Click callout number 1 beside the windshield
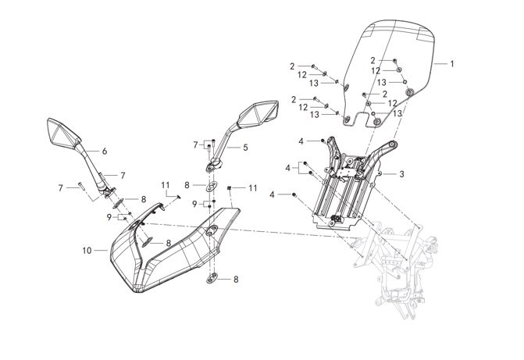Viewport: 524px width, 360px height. click(x=451, y=63)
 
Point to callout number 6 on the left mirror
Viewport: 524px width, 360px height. click(x=103, y=150)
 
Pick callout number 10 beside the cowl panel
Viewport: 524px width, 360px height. click(x=87, y=250)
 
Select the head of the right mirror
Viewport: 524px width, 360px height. click(x=257, y=115)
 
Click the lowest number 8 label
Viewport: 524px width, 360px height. click(x=236, y=279)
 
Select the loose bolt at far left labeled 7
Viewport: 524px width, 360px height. click(x=81, y=186)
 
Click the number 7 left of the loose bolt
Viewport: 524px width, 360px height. click(x=60, y=187)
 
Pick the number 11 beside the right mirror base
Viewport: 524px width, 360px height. click(x=252, y=188)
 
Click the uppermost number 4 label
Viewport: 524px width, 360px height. click(x=301, y=141)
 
